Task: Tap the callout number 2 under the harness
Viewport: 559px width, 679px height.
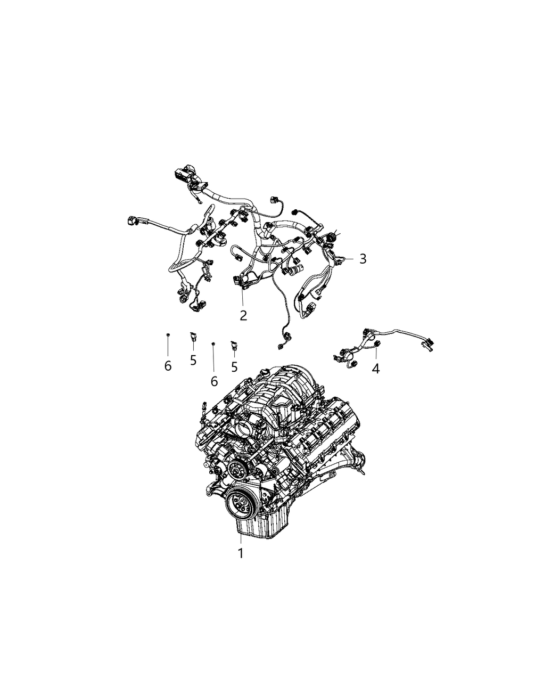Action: tap(243, 315)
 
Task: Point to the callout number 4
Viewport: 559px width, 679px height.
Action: tap(376, 368)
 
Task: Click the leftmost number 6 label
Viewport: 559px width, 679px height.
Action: tap(168, 366)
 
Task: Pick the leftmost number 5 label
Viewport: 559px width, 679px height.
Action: tap(193, 361)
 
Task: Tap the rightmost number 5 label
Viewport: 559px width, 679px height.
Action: tap(234, 366)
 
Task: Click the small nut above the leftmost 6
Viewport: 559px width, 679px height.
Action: tap(167, 334)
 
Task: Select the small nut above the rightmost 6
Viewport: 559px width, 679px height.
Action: tap(213, 345)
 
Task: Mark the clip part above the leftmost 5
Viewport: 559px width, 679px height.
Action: tap(193, 336)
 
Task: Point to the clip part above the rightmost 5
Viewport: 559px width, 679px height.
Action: tap(233, 345)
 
